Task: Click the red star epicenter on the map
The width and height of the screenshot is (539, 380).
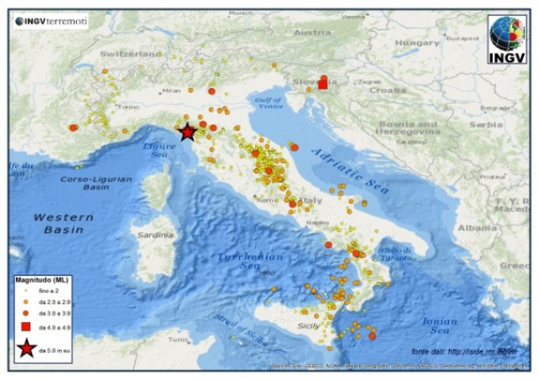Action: coord(187,132)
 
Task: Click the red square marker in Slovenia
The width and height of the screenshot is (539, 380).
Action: coord(322,82)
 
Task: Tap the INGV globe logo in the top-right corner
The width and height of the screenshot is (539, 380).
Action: coord(507,39)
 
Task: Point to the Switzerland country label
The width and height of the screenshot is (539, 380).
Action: coord(131,54)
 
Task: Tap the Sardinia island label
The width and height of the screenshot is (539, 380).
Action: coord(156,235)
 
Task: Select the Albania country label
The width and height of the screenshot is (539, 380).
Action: coord(479,227)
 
